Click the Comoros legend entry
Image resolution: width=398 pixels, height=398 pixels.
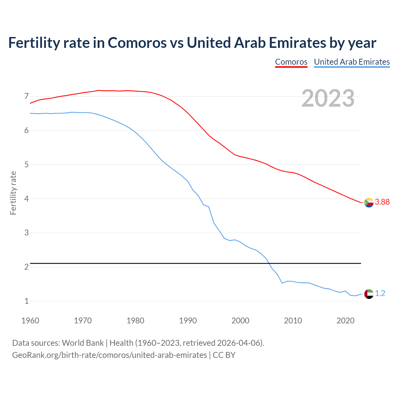[x=291, y=62]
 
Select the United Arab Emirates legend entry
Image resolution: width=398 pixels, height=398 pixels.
[x=352, y=62]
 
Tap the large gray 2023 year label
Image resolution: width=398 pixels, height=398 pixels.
[x=328, y=98]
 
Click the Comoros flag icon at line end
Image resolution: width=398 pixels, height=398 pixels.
[x=369, y=202]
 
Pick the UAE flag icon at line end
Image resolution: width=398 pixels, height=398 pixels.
[x=369, y=294]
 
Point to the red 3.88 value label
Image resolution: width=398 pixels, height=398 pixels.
[x=382, y=202]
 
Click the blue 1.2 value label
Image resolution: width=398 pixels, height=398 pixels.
[x=380, y=294]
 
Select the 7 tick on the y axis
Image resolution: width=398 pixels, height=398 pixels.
[x=26, y=96]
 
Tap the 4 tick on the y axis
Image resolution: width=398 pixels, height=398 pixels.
[x=26, y=199]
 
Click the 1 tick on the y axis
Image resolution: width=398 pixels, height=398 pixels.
[x=26, y=301]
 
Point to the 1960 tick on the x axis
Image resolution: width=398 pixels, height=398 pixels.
[x=30, y=321]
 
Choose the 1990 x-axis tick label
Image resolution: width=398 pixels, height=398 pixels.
[x=188, y=321]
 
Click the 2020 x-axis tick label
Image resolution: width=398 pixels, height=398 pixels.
[x=345, y=321]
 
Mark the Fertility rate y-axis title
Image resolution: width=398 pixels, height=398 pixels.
[x=13, y=193]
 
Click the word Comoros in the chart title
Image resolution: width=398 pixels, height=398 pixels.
[x=137, y=43]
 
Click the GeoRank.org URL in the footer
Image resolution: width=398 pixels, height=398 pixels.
[x=109, y=355]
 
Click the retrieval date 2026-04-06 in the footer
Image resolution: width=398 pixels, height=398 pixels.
[x=239, y=343]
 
